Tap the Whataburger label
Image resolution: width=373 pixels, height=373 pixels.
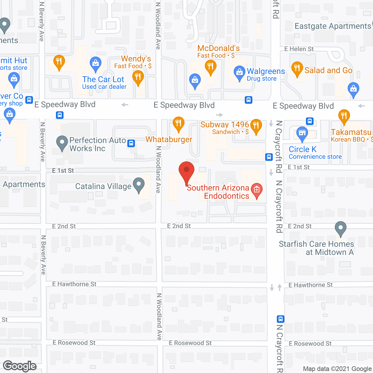(169, 140)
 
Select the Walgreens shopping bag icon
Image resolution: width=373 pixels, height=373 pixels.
(239, 72)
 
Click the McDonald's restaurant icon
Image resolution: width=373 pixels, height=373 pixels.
(210, 67)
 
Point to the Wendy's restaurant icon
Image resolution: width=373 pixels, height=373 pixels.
(138, 78)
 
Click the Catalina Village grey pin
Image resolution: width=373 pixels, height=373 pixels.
(139, 185)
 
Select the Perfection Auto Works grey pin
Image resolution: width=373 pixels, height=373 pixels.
(62, 143)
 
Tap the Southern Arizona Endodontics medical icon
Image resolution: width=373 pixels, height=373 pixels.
(257, 190)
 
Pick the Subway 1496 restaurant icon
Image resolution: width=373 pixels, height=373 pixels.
(256, 126)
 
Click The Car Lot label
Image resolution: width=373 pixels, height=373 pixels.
(103, 80)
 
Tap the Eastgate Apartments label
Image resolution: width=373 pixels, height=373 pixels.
(333, 26)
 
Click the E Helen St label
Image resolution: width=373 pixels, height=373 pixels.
(299, 49)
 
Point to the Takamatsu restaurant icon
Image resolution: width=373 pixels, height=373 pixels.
(344, 116)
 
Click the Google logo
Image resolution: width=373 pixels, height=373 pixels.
(20, 366)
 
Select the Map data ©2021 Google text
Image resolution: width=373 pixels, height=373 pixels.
(337, 369)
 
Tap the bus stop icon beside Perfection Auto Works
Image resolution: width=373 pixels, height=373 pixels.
(131, 143)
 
